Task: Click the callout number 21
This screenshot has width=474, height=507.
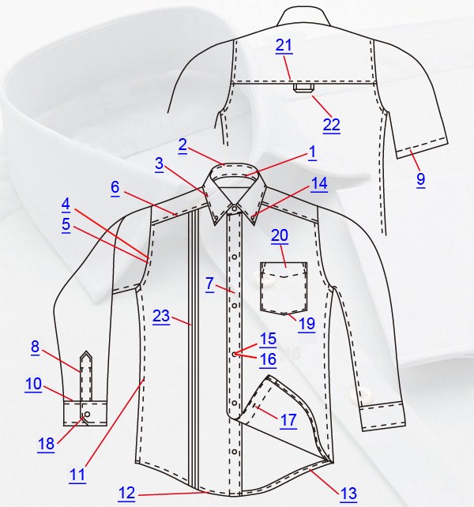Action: pos(284,46)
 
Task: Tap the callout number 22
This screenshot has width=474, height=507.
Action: pos(331,125)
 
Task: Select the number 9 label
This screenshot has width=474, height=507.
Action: pos(420,179)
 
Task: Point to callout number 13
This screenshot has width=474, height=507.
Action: pos(348,494)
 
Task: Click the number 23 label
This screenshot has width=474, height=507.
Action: pos(161,316)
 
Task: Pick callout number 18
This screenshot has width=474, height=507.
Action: pos(46,445)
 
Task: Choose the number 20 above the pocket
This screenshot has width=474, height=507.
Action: pos(280,235)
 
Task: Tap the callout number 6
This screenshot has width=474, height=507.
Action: pos(115,187)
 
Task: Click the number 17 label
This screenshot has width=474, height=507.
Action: pos(288,421)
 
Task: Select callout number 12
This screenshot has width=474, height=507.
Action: pos(126,494)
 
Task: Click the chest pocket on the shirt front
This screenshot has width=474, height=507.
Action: pos(284,287)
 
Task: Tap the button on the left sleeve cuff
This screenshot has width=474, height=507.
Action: pos(87,414)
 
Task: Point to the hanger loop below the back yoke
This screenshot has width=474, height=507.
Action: pos(303,88)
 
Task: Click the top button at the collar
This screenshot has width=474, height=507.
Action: pos(234,208)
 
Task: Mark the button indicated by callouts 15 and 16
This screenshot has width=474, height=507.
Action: pos(235,354)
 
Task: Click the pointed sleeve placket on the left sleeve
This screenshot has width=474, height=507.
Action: pos(86,376)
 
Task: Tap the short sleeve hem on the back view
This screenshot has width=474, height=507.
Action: pos(422,147)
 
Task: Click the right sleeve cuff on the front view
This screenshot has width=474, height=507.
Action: pos(382,416)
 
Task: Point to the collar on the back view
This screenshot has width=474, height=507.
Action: pos(303,17)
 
